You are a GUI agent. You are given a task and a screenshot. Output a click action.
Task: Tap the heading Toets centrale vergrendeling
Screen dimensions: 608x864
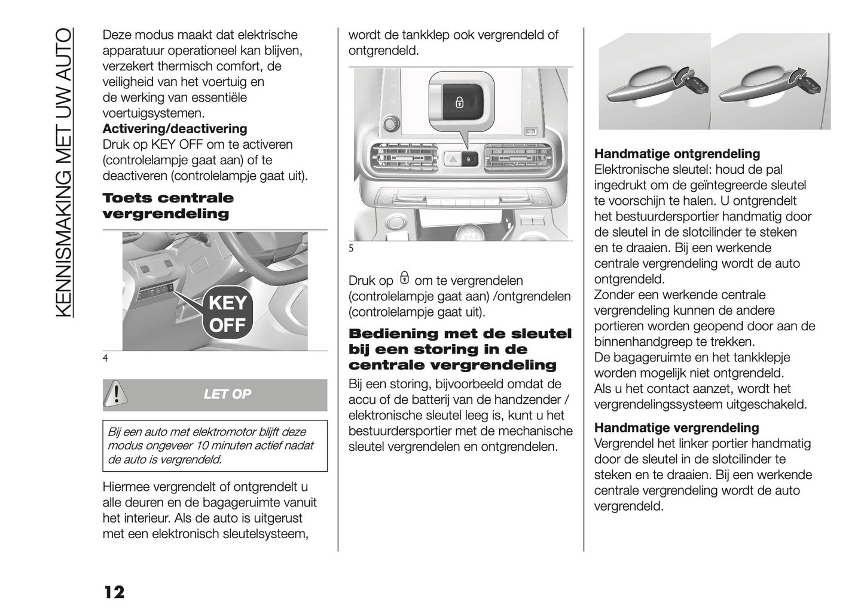(168, 206)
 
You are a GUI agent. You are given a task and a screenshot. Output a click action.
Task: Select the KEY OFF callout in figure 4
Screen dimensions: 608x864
(228, 314)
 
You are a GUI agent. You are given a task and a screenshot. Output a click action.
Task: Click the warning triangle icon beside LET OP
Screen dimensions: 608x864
(114, 394)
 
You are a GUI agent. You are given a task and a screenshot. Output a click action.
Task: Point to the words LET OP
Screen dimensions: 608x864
(227, 394)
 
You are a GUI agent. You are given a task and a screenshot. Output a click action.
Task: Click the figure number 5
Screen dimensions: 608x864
(351, 249)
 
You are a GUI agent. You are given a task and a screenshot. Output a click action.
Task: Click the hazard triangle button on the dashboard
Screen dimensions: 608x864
(452, 159)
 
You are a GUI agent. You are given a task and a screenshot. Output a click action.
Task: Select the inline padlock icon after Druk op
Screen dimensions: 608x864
(405, 279)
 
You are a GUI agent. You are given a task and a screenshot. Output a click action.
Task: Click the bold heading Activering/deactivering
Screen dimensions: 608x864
(175, 129)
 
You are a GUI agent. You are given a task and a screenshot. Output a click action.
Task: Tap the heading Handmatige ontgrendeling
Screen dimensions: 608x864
(677, 154)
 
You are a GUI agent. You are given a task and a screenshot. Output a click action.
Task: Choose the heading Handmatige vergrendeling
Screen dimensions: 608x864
(676, 428)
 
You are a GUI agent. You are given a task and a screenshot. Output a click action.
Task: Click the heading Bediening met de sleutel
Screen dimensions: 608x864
(460, 334)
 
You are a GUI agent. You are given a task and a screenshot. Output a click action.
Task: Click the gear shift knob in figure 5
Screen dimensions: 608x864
(472, 230)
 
